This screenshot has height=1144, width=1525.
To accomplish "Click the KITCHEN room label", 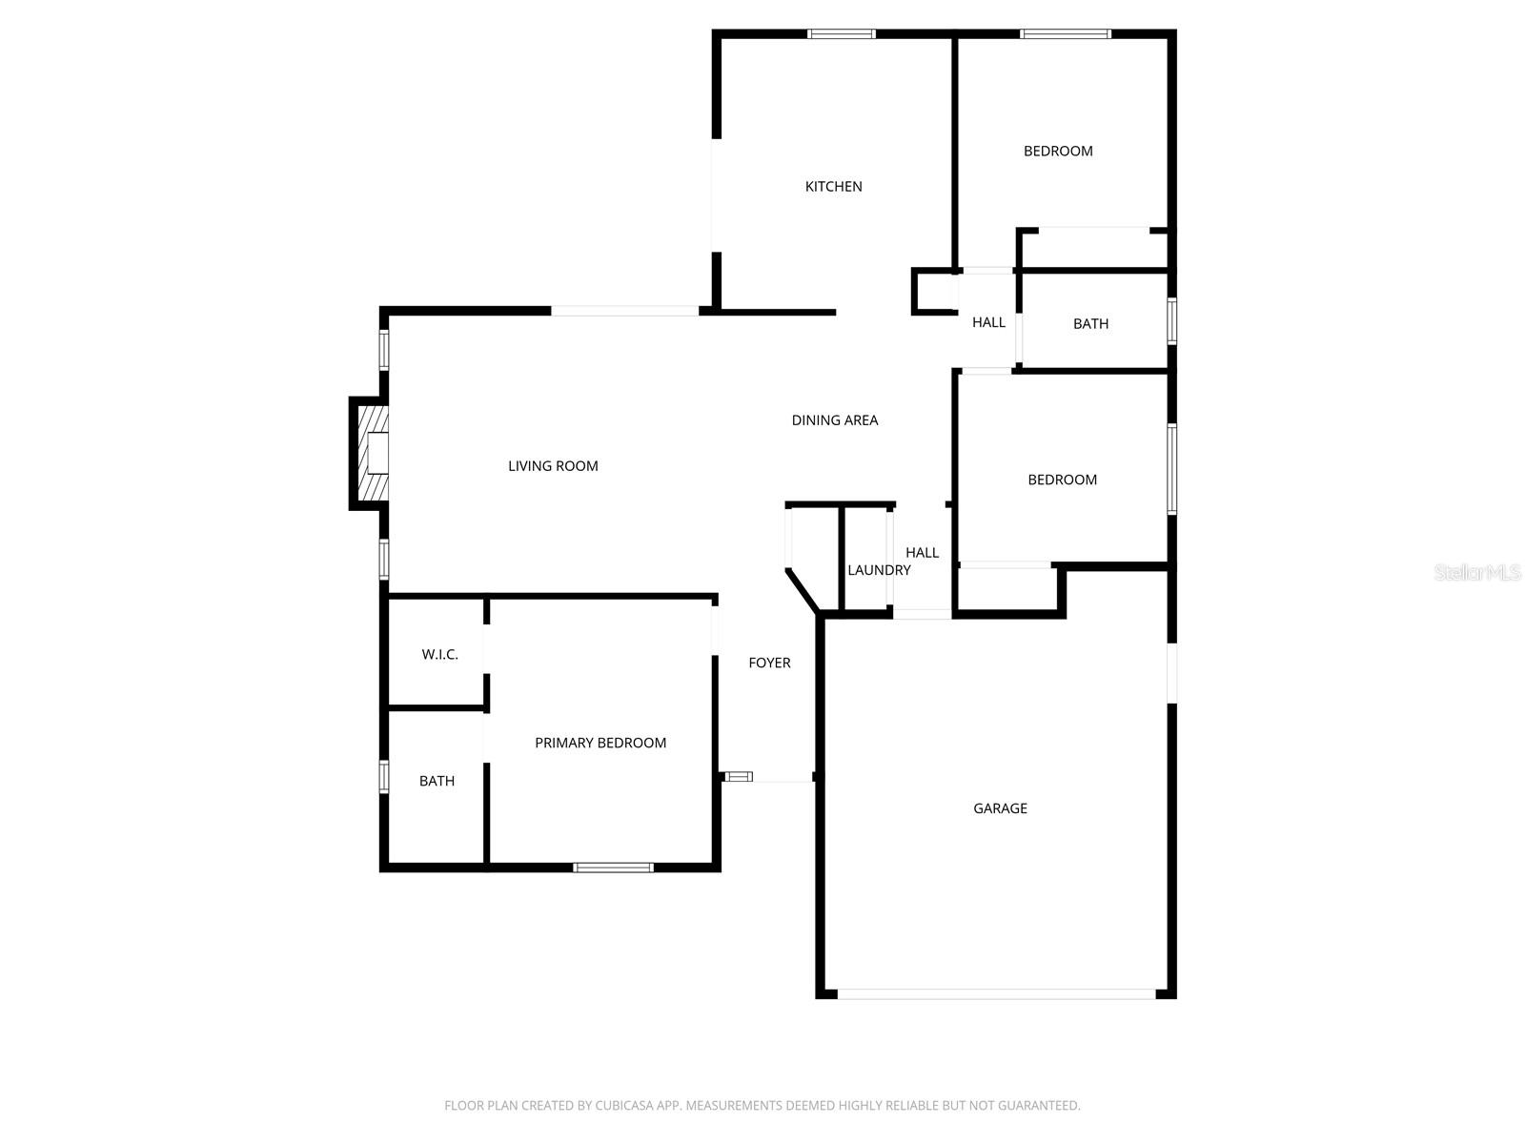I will (833, 187).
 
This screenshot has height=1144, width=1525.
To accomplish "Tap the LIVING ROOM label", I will (553, 466).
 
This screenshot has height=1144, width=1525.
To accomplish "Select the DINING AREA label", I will (835, 420).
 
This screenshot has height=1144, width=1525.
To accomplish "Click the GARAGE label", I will (1000, 808).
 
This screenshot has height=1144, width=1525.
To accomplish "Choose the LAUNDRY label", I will (879, 570).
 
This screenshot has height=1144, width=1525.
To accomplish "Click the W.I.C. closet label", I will (440, 655).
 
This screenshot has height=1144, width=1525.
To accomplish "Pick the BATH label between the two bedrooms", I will (1090, 324).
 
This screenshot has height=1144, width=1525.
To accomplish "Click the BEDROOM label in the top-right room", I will (1058, 152).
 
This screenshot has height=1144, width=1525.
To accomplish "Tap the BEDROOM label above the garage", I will (1062, 480).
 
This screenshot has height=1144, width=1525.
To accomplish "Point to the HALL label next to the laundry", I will (922, 553).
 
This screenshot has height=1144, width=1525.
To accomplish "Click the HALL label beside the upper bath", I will (988, 323).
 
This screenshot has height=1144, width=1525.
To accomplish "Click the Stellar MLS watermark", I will (1477, 573).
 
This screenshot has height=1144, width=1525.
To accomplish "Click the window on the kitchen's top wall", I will (841, 34).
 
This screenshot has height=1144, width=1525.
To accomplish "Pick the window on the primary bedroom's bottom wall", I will (613, 868).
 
